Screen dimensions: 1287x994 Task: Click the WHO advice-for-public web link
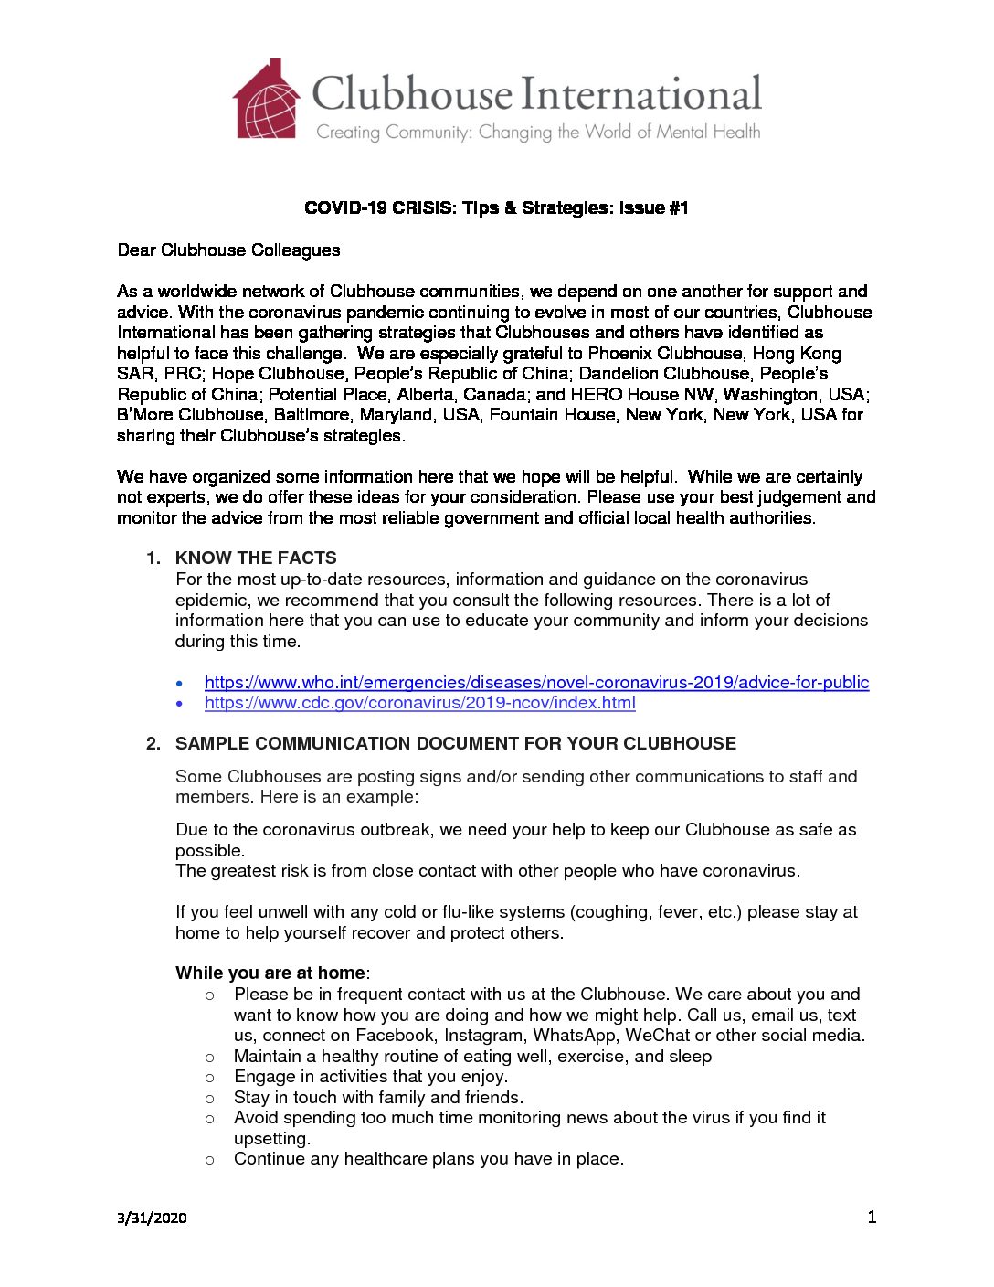(x=536, y=682)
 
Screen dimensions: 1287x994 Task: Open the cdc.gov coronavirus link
(x=419, y=702)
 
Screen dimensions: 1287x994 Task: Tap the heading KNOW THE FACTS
(x=256, y=558)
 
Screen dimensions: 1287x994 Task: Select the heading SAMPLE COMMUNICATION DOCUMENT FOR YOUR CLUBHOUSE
(x=455, y=743)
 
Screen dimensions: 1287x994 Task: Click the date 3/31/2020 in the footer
(x=152, y=1218)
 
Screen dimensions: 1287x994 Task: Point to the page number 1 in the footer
(x=872, y=1217)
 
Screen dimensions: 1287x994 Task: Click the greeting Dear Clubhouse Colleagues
(x=228, y=250)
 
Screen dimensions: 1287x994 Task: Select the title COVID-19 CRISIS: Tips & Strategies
(x=496, y=207)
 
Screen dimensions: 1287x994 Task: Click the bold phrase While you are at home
(x=270, y=973)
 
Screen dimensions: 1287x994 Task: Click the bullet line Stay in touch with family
(x=378, y=1097)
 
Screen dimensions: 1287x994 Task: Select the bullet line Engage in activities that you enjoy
(x=371, y=1076)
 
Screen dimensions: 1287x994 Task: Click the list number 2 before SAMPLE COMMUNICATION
(x=153, y=743)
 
